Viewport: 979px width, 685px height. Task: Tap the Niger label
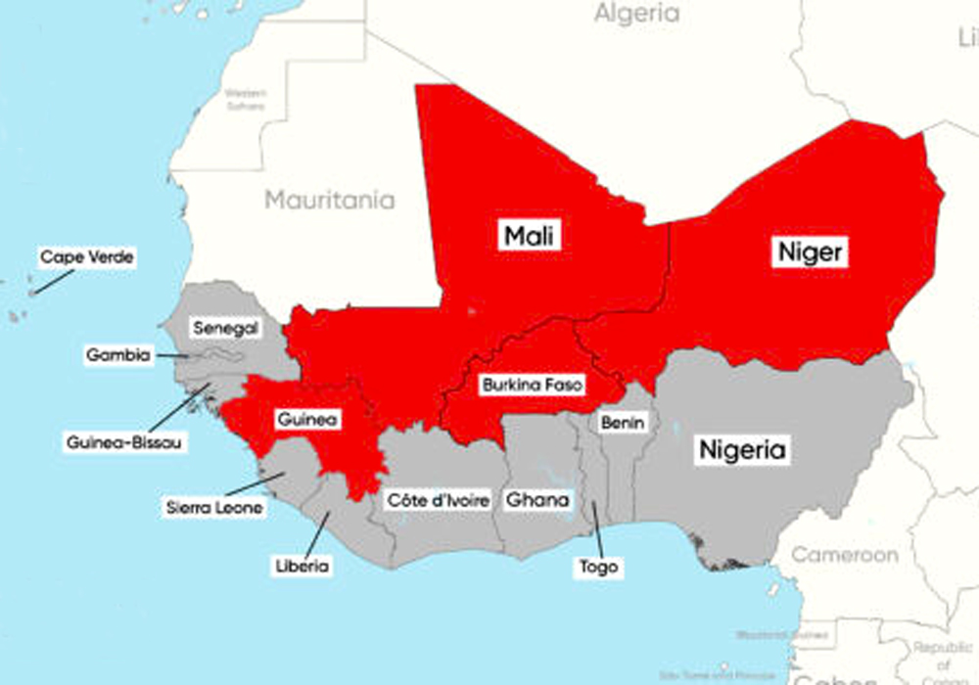pos(810,252)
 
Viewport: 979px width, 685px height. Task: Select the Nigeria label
pos(741,451)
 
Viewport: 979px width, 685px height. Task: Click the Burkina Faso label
pos(532,386)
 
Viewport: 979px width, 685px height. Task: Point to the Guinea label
pos(307,420)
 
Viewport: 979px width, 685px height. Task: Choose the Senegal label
pos(225,329)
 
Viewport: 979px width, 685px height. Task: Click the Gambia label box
pos(118,355)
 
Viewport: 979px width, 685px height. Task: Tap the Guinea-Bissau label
pos(124,442)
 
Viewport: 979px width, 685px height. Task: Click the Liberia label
pos(303,566)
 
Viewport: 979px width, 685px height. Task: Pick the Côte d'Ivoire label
pos(438,500)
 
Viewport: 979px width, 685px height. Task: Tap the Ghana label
pos(536,500)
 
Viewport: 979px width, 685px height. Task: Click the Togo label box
pos(598,567)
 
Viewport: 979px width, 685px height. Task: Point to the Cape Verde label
pos(86,257)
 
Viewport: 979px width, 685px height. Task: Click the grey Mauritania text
pos(330,201)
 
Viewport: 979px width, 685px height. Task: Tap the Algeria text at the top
pos(636,14)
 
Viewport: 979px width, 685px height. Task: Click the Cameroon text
pos(844,555)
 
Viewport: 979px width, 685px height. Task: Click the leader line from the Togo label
pos(594,529)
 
